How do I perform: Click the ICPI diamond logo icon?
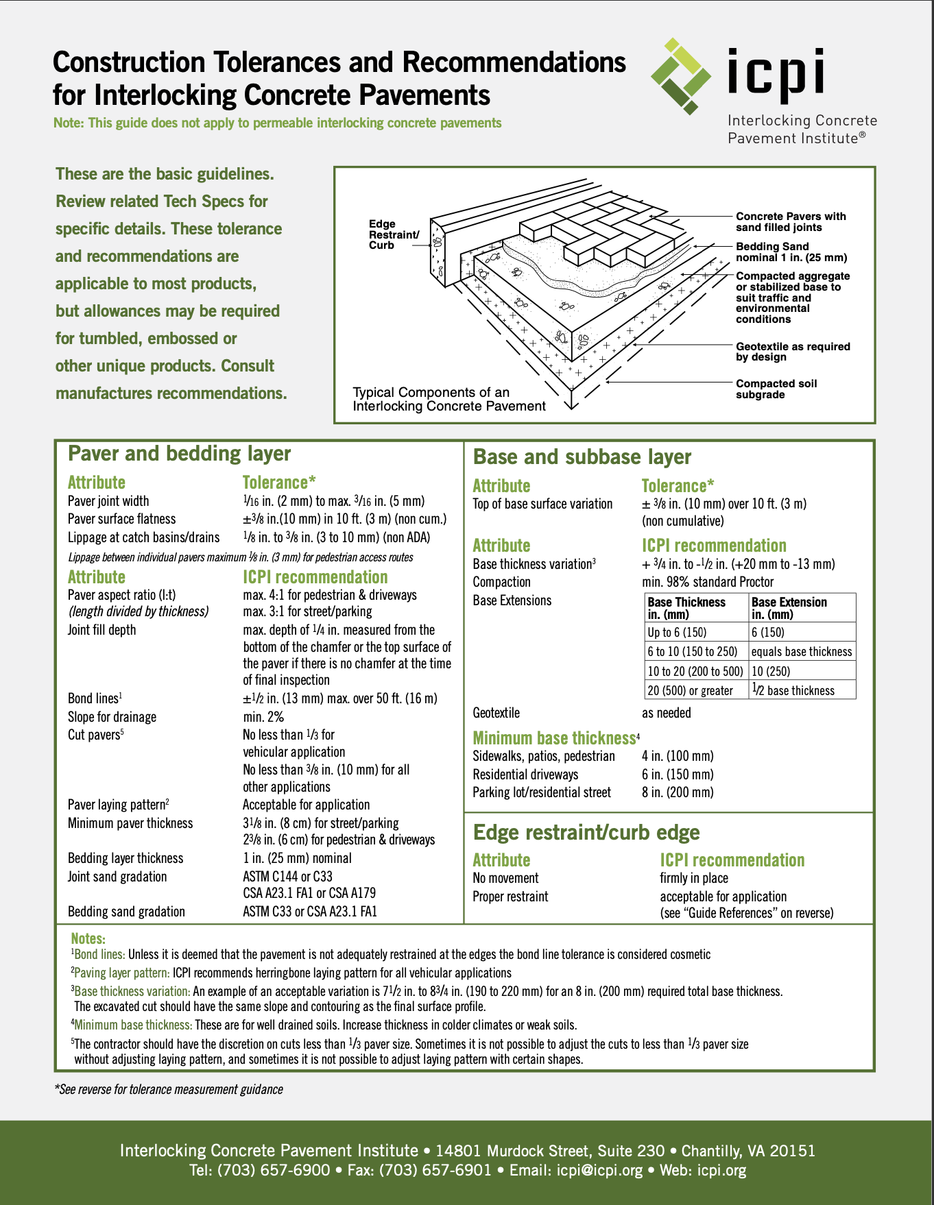click(x=680, y=76)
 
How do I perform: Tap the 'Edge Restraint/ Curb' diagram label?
click(x=394, y=234)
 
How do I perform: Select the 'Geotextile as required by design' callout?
click(x=793, y=352)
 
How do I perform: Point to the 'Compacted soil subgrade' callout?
click(x=776, y=389)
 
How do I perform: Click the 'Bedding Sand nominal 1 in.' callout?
click(x=791, y=252)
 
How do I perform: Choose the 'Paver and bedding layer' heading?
click(x=180, y=454)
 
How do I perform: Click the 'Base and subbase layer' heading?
click(x=582, y=457)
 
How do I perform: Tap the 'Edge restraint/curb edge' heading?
click(x=586, y=832)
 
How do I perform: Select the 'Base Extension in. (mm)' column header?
click(x=789, y=608)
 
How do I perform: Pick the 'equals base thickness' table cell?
click(x=802, y=652)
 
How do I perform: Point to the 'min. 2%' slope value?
click(x=263, y=717)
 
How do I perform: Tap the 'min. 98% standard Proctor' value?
click(x=708, y=582)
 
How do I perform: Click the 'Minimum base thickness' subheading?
click(x=554, y=738)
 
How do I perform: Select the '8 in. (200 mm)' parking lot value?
click(x=678, y=792)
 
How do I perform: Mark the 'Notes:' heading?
click(x=88, y=939)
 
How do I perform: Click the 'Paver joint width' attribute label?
click(x=108, y=501)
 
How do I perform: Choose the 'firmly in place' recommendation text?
click(x=694, y=878)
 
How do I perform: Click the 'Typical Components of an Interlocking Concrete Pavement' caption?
click(x=449, y=399)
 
